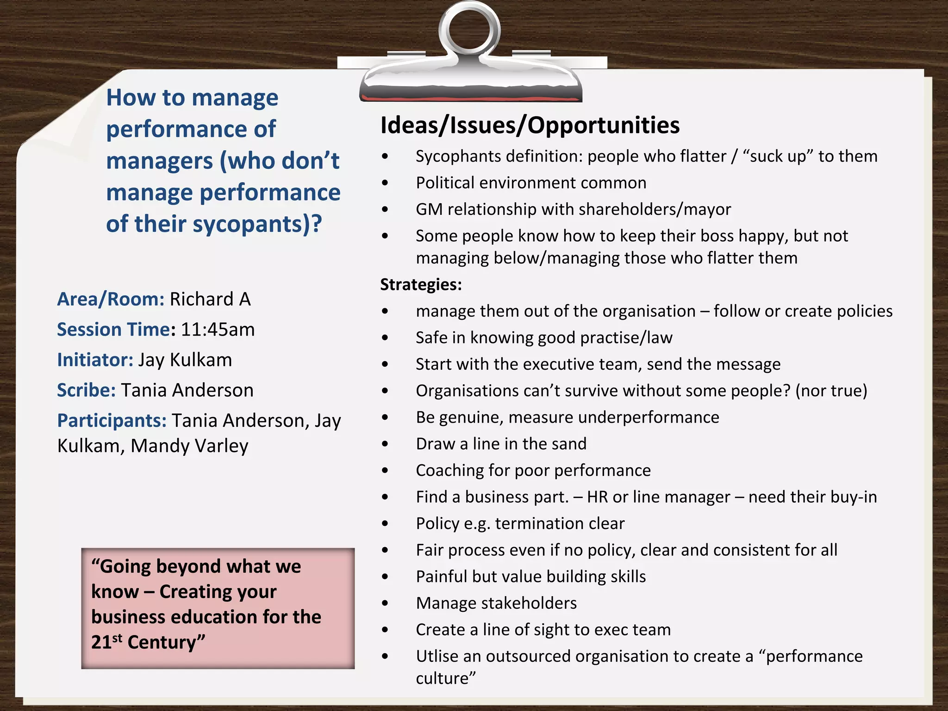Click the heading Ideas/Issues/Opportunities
(530, 125)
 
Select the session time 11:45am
(218, 330)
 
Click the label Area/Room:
(111, 299)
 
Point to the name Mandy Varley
(189, 446)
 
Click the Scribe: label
(86, 390)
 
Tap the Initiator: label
(95, 360)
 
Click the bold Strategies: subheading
(421, 284)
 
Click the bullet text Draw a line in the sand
(501, 443)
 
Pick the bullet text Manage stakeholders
(496, 603)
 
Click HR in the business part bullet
(597, 497)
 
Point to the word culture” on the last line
(445, 678)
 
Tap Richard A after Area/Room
(210, 299)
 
